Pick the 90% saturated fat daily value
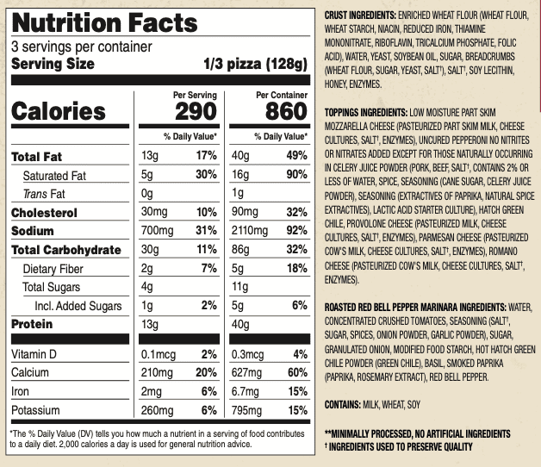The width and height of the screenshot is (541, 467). (295, 176)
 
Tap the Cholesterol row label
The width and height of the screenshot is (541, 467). (45, 213)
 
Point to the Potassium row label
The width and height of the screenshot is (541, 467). (41, 411)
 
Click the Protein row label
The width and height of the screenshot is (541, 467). (32, 324)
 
